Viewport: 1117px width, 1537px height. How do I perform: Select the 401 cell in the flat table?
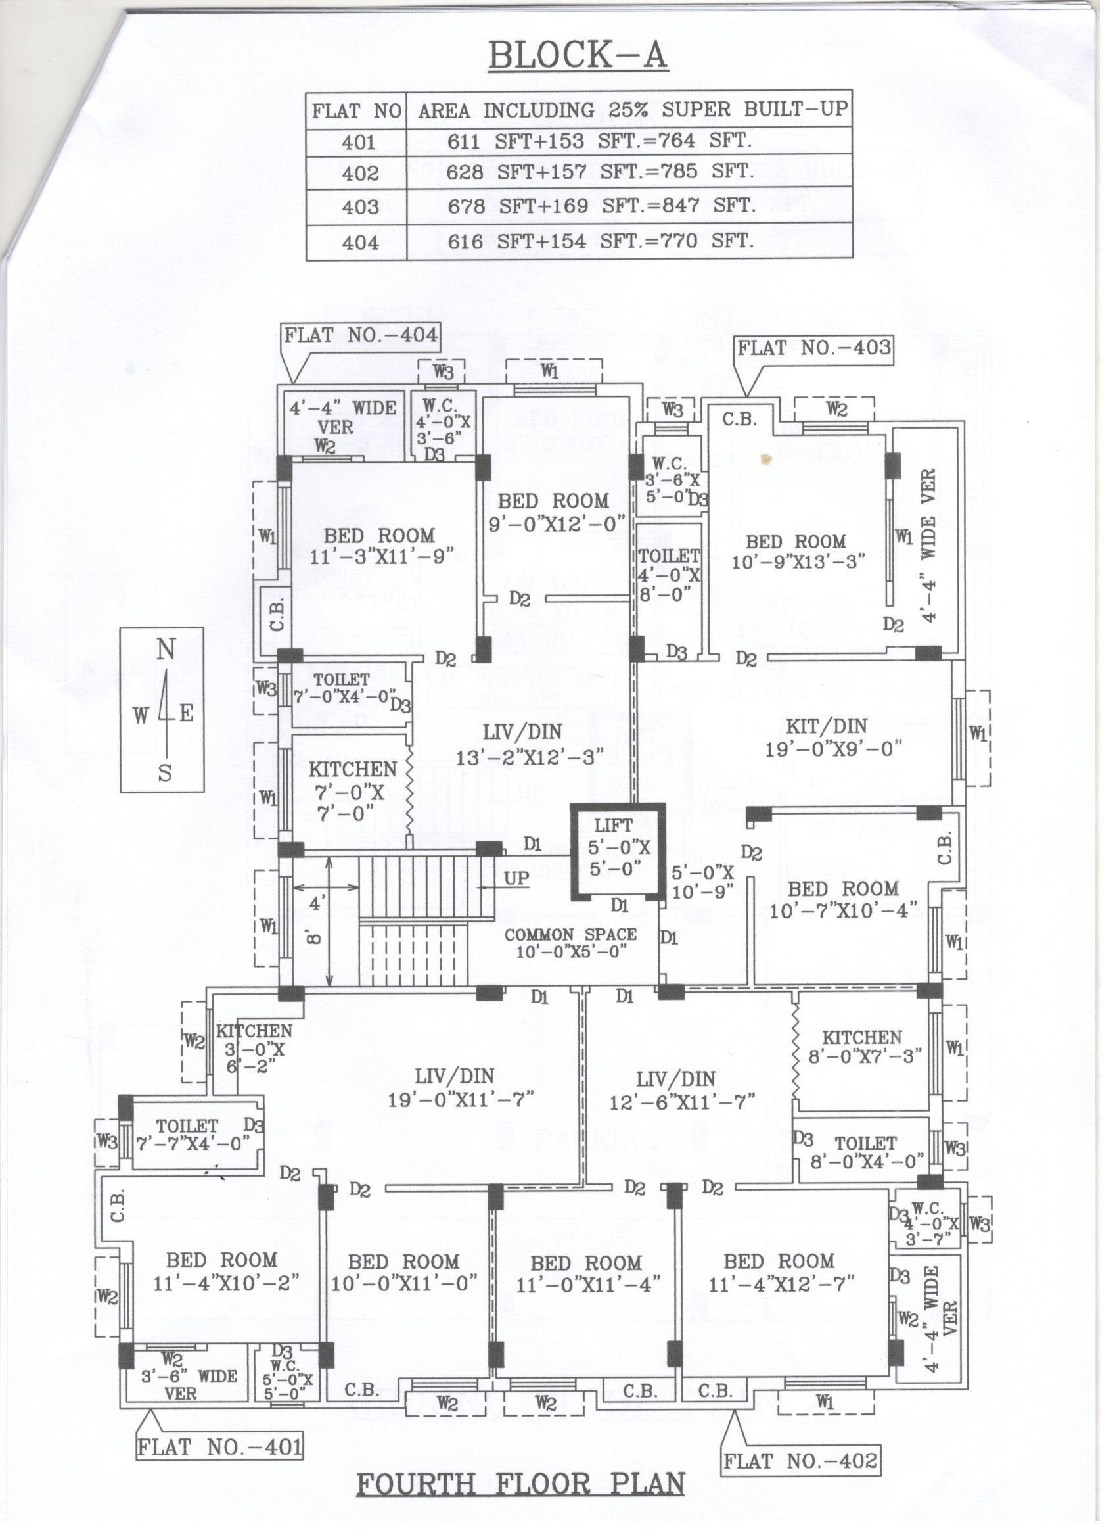358,142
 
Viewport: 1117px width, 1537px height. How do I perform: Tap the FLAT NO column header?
356,110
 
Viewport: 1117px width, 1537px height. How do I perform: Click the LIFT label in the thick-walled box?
613,826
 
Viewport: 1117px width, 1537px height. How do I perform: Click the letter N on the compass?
166,650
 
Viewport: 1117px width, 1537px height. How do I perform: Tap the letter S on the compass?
165,773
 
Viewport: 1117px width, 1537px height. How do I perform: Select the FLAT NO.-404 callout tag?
360,335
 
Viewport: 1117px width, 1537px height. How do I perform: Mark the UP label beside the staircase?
516,878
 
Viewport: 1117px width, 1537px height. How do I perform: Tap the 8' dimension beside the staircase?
316,938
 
